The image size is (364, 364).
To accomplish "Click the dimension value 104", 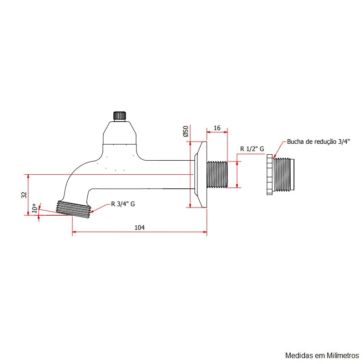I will pyautogui.click(x=139, y=227).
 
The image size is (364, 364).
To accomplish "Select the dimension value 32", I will pyautogui.click(x=24, y=194).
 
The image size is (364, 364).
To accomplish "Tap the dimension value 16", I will pyautogui.click(x=217, y=128).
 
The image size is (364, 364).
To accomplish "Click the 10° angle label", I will pyautogui.click(x=34, y=209).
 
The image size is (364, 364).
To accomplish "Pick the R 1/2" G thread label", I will pyautogui.click(x=252, y=149).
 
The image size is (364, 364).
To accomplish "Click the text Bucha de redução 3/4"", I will pyautogui.click(x=318, y=142).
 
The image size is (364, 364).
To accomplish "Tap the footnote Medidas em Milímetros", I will pyautogui.click(x=322, y=355).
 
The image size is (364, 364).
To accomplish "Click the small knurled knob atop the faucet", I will pyautogui.click(x=119, y=115).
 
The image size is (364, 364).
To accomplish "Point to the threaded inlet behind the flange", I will pyautogui.click(x=217, y=174).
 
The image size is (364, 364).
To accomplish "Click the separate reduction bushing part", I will pyautogui.click(x=281, y=175).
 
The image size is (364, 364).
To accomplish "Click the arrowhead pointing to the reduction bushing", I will pyautogui.click(x=274, y=157).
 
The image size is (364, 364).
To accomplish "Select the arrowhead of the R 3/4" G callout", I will pyautogui.click(x=92, y=211).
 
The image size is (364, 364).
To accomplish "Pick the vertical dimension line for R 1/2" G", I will pyautogui.click(x=237, y=174).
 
